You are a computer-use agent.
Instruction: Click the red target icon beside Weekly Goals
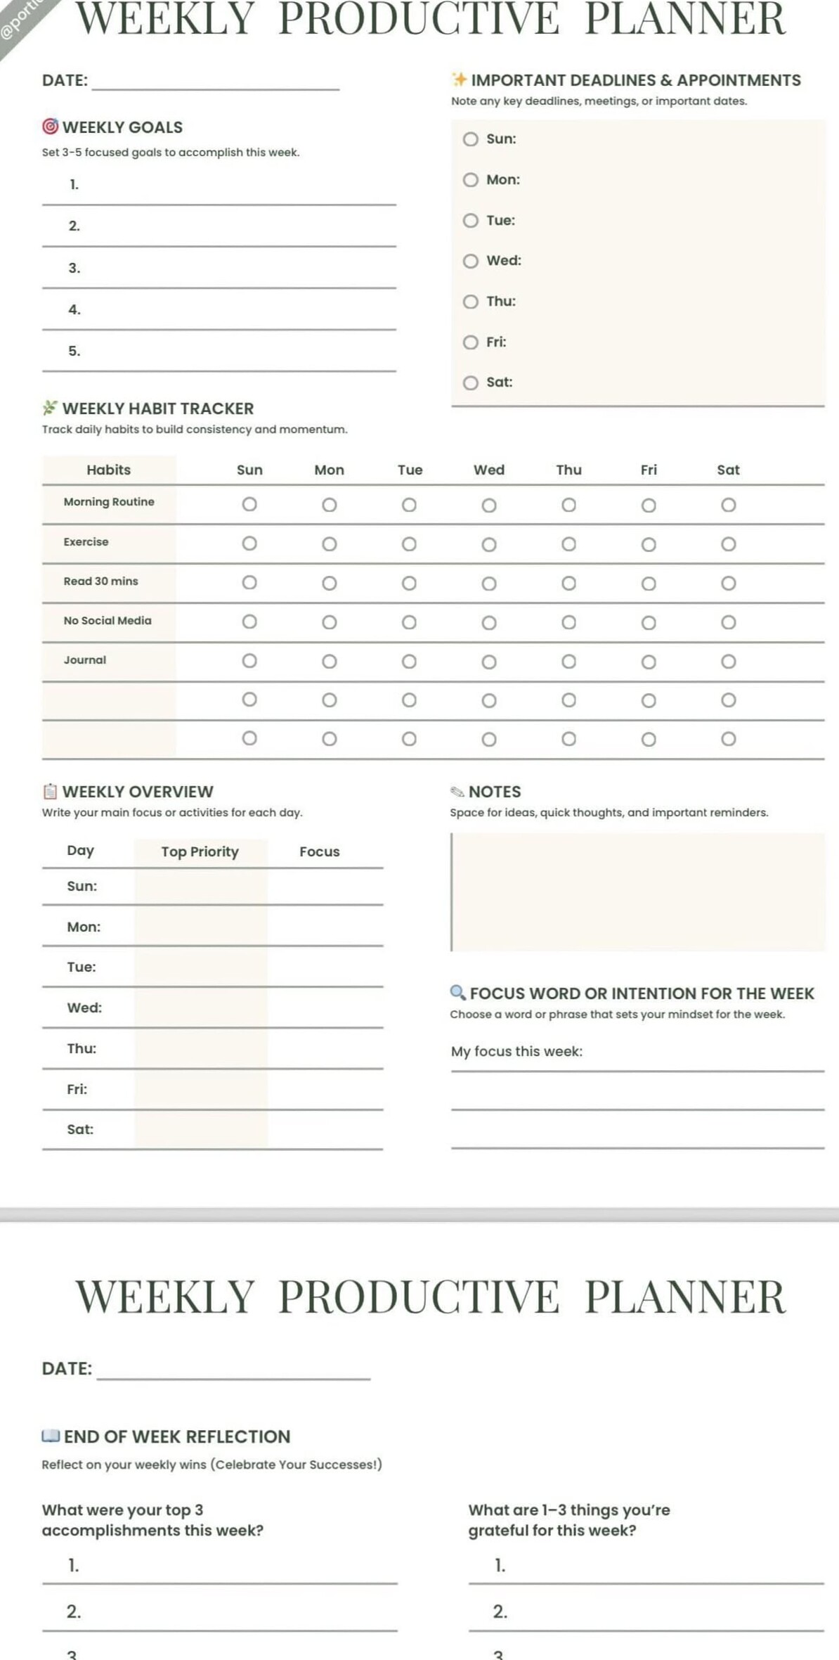(x=50, y=127)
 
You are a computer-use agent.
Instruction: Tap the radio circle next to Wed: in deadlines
(x=471, y=261)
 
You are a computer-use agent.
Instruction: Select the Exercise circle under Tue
(x=409, y=544)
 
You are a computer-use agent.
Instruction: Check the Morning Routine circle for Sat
(x=729, y=505)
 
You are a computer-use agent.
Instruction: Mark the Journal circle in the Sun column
(x=249, y=661)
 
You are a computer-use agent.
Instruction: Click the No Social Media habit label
(x=108, y=621)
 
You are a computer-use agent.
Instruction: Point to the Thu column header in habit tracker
(x=568, y=470)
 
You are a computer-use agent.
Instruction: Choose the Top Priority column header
(x=200, y=851)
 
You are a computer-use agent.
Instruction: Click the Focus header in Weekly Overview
(x=319, y=851)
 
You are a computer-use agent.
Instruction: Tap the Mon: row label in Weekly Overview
(x=84, y=927)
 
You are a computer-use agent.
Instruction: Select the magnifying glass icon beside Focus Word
(x=457, y=992)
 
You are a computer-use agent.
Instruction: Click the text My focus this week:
(x=516, y=1051)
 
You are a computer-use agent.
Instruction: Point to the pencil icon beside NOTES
(x=457, y=792)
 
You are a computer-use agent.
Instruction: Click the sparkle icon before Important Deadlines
(x=460, y=79)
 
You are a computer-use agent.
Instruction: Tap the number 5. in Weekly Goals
(x=74, y=351)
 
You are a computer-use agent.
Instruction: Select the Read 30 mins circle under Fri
(x=649, y=584)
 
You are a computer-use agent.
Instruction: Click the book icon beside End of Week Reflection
(x=51, y=1435)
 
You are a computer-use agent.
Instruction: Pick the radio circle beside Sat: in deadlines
(x=471, y=382)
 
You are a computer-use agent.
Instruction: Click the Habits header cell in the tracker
(x=108, y=470)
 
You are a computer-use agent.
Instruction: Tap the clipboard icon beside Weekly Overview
(x=50, y=792)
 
